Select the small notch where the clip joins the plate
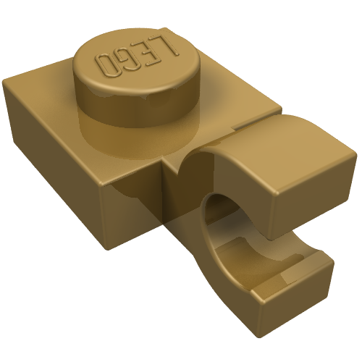(x=174, y=168)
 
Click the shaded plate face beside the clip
(x=138, y=210)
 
